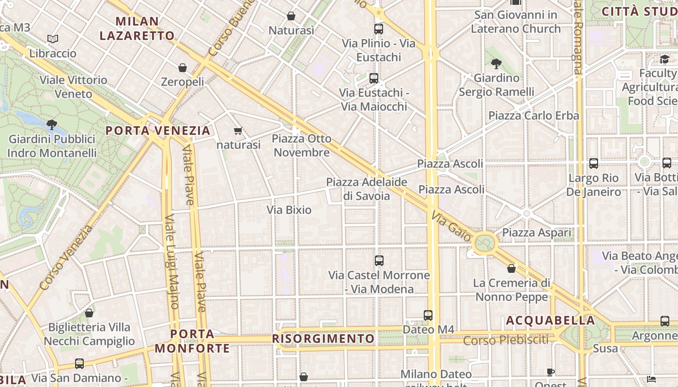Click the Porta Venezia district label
(158, 131)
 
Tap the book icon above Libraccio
(53, 39)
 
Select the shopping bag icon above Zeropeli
(183, 68)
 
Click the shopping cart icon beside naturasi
(238, 131)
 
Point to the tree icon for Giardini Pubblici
(52, 125)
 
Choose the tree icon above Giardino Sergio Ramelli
(496, 63)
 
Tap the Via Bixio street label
(289, 210)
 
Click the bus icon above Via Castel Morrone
(379, 261)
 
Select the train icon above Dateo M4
(428, 315)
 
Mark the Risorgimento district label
(324, 339)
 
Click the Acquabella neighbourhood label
(551, 320)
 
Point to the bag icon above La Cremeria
(511, 268)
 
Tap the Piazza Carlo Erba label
(534, 116)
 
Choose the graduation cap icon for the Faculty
(664, 60)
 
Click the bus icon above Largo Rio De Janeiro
(594, 164)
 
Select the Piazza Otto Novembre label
(302, 146)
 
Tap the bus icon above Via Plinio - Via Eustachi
(379, 29)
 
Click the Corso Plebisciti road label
(506, 341)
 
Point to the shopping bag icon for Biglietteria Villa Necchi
(89, 313)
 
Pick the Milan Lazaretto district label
(137, 28)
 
